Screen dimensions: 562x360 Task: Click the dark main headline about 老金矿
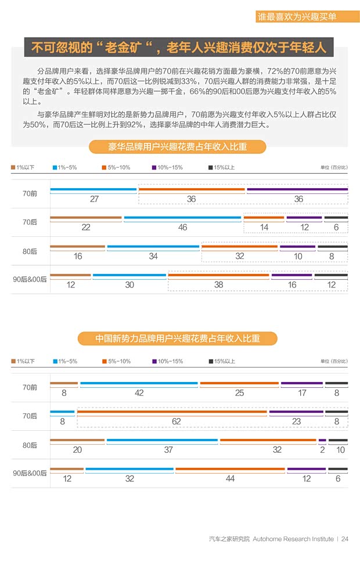point(178,47)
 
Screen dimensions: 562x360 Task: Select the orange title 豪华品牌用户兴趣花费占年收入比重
point(177,147)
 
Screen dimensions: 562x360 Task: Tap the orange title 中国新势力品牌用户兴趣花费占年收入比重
point(178,338)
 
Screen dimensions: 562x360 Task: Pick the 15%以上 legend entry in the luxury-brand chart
point(221,168)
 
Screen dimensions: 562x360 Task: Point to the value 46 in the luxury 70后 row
point(182,228)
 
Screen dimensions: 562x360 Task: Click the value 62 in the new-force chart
point(176,421)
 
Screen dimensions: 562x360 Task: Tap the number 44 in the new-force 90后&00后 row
point(230,479)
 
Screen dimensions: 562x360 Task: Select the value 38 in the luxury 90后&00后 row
point(219,285)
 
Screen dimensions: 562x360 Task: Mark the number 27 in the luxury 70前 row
point(94,199)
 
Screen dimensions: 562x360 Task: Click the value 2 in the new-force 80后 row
point(322,450)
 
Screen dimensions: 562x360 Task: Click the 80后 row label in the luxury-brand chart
point(30,251)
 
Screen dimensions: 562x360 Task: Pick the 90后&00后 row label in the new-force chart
point(30,473)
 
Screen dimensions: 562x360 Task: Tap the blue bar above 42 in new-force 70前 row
point(139,383)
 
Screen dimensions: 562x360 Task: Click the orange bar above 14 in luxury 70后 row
point(264,218)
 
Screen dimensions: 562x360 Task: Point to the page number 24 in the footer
point(345,539)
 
